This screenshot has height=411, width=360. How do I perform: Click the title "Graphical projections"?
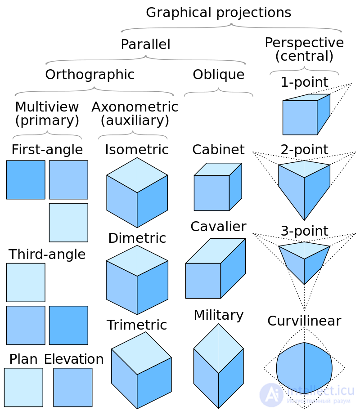pos(218,13)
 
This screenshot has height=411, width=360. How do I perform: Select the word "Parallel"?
pos(145,45)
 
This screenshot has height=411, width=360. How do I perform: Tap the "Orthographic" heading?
pos(90,75)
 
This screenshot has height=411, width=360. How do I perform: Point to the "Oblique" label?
pos(218,75)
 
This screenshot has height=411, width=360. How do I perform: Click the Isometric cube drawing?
pos(137,192)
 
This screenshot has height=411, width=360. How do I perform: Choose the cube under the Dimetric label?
pos(137,280)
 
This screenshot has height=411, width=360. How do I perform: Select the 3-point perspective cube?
pos(304,261)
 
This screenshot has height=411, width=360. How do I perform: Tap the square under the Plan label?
pos(23,387)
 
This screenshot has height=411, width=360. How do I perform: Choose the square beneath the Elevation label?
pos(72,387)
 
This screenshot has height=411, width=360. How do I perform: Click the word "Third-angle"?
pos(47,255)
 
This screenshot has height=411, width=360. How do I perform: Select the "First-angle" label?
pos(47,149)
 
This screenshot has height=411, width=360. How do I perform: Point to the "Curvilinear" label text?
pos(304,321)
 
